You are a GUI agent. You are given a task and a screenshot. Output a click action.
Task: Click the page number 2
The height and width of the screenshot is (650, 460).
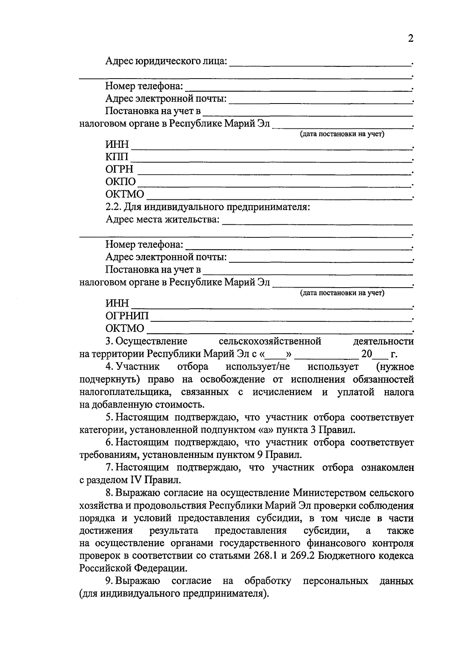coord(411,39)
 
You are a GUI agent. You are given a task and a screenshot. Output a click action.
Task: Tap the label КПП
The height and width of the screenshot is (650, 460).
coord(117,157)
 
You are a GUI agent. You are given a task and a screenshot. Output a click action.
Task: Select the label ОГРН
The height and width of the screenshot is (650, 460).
coord(119,169)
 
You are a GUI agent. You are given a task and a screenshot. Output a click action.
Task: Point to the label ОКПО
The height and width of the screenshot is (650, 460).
coord(120,182)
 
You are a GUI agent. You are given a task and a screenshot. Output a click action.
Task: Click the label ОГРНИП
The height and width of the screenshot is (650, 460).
coord(127,316)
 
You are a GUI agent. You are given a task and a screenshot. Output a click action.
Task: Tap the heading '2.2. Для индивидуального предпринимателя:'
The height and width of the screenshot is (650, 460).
coord(207,207)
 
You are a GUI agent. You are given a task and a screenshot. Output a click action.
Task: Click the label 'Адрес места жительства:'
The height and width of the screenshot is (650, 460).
coord(163,220)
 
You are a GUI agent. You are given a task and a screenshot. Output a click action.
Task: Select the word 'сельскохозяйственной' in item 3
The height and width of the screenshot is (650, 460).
coord(269,341)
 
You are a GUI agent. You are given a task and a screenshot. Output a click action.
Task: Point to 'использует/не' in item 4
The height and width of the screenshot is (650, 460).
coord(257,367)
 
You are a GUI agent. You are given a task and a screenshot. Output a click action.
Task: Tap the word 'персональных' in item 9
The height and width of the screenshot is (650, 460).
coord(335,581)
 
